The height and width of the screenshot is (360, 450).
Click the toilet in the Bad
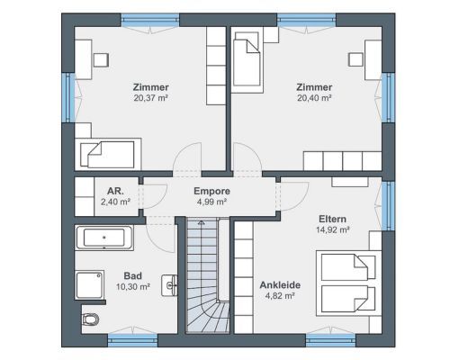[x=89, y=319]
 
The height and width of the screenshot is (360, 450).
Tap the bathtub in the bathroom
[x=104, y=238]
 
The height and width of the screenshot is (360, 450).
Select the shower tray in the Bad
[x=90, y=284]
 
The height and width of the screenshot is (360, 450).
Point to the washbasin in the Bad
[x=170, y=285]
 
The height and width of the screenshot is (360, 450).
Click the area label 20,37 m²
[x=150, y=98]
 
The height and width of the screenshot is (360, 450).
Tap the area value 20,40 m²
[x=314, y=98]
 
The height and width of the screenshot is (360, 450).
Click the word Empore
[x=211, y=191]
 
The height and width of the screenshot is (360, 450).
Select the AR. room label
[x=115, y=191]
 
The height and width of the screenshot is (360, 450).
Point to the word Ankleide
[x=280, y=284]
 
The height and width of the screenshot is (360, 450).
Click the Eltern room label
[x=332, y=219]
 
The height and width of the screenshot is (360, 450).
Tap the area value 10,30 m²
[x=133, y=287]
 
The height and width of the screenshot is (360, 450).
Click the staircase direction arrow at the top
[x=202, y=222]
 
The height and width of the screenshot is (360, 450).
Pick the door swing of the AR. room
[x=155, y=196]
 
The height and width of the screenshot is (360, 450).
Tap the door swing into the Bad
[x=159, y=237]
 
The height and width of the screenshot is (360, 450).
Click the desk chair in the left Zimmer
[x=101, y=60]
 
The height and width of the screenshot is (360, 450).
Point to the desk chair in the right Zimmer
[x=355, y=59]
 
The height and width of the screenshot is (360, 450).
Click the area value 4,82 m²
[x=280, y=296]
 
